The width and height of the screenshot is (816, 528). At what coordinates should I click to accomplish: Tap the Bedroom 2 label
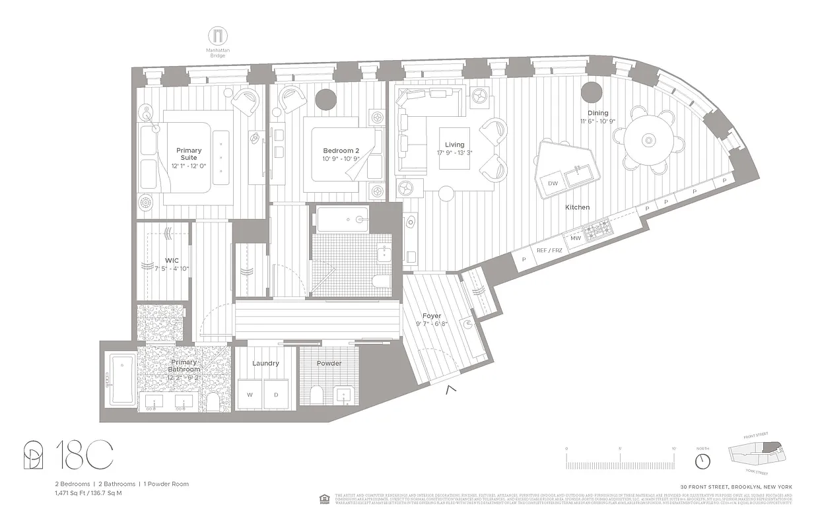pos(341,150)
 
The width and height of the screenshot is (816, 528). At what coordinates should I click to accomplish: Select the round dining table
pos(648,140)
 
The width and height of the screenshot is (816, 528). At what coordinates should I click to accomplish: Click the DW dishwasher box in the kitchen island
pos(553,183)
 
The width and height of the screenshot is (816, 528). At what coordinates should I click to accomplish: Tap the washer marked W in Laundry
pos(250,395)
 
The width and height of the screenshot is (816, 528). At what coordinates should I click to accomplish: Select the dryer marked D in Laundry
pos(277,395)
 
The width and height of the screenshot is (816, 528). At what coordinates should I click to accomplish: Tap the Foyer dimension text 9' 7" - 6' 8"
pos(432,324)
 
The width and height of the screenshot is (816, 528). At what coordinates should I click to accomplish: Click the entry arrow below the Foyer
pos(451,390)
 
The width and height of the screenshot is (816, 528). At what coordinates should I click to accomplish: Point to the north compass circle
pos(702,461)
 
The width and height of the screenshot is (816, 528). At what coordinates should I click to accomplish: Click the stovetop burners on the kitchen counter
pos(597,230)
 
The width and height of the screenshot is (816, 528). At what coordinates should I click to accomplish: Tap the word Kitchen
pos(577,207)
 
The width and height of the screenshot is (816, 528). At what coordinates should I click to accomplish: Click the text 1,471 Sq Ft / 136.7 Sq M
pos(89,493)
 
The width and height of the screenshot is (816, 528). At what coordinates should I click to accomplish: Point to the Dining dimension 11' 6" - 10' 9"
pos(599,121)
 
